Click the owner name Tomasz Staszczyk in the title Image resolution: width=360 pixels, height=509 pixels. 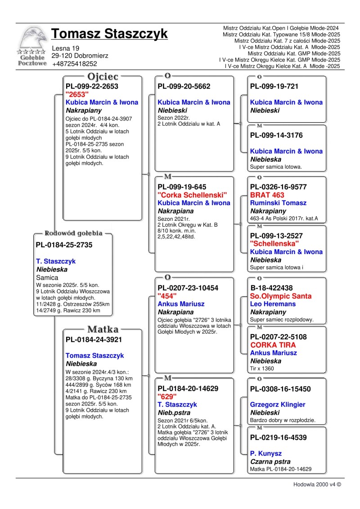(x=109, y=34)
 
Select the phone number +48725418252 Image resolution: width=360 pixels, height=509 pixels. (x=74, y=64)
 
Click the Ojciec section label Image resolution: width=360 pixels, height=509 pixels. (x=103, y=76)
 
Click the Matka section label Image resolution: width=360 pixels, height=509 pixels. (x=103, y=329)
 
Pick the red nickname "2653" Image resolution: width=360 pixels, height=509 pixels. (x=77, y=94)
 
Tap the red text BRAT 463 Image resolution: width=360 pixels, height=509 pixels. (x=267, y=195)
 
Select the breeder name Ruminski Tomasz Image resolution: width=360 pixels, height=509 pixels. (x=278, y=203)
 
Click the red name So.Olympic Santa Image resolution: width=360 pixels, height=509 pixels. (x=280, y=296)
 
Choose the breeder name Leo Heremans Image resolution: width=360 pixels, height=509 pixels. (x=273, y=304)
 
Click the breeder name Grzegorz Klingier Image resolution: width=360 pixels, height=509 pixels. (x=278, y=404)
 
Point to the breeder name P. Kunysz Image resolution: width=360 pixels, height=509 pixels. (x=265, y=454)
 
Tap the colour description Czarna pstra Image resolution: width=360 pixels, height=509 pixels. (x=270, y=461)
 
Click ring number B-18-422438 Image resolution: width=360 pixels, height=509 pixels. (x=271, y=288)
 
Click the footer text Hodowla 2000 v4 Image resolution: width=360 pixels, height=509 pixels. (x=317, y=485)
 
